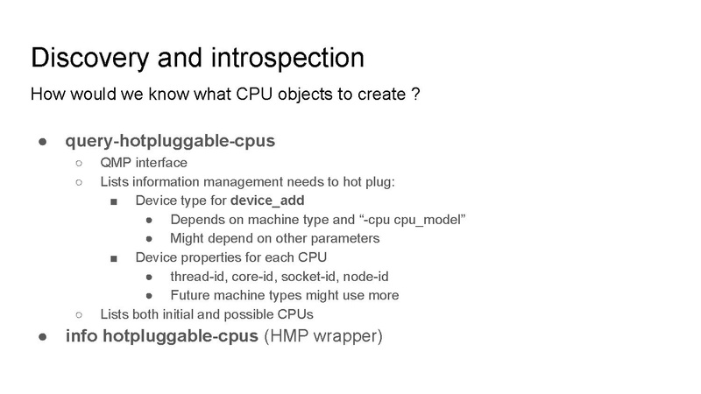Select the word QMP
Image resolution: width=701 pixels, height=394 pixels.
117,163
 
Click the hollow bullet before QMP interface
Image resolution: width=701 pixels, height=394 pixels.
80,163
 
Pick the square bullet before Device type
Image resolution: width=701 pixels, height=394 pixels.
115,201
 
